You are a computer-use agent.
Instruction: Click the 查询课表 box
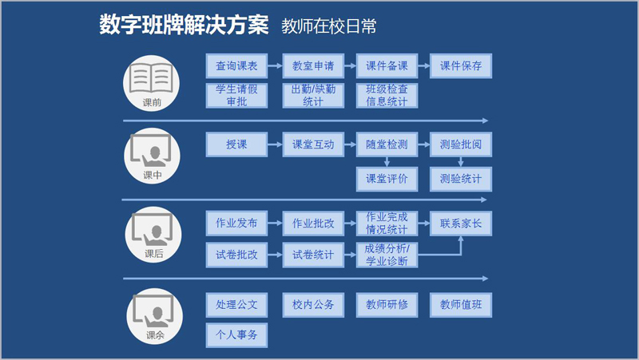(236, 65)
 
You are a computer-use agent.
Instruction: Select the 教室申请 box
(313, 65)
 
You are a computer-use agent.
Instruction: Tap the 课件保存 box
(461, 65)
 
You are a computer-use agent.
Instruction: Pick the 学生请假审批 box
(236, 96)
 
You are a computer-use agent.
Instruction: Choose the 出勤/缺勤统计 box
(313, 96)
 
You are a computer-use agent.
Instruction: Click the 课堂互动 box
(313, 144)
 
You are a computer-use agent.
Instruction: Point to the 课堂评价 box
(387, 179)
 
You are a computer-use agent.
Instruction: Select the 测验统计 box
(461, 179)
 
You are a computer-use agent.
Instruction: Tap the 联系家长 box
(461, 224)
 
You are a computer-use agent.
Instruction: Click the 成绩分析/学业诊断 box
(387, 255)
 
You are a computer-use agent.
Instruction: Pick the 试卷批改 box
(236, 255)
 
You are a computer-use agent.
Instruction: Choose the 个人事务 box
(236, 335)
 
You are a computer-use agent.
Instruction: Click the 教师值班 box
(461, 305)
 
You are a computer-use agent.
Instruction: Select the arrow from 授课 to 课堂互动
(275, 144)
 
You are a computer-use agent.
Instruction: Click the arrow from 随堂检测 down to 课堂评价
(387, 162)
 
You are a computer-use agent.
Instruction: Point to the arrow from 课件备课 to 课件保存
(424, 65)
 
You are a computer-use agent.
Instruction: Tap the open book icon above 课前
(151, 78)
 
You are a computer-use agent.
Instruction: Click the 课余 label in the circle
(155, 335)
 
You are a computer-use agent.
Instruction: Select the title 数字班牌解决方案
(184, 25)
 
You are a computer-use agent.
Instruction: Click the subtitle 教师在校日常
(328, 26)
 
